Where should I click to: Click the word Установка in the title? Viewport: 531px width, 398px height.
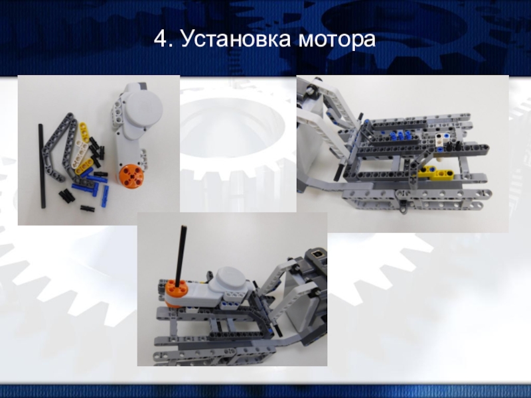(x=236, y=38)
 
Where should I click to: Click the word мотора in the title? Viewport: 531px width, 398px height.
(x=337, y=39)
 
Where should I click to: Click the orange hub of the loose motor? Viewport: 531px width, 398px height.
(x=131, y=175)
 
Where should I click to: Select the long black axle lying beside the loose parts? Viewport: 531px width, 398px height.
(x=42, y=166)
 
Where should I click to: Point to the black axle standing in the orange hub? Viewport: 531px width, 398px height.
(x=181, y=254)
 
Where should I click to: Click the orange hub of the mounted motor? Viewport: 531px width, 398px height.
(x=176, y=291)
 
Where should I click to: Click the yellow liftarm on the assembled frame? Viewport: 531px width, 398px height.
(x=437, y=172)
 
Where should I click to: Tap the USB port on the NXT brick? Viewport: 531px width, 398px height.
(x=318, y=254)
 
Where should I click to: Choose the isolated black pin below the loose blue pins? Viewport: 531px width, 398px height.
(x=88, y=208)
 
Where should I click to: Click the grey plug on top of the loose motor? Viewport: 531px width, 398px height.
(x=141, y=86)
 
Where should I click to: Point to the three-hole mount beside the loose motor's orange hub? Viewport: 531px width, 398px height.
(x=144, y=159)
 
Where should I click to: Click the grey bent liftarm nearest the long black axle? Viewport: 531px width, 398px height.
(x=54, y=149)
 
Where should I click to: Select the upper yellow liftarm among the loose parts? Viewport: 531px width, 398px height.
(x=84, y=132)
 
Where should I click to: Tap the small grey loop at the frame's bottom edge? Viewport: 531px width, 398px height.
(x=403, y=210)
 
